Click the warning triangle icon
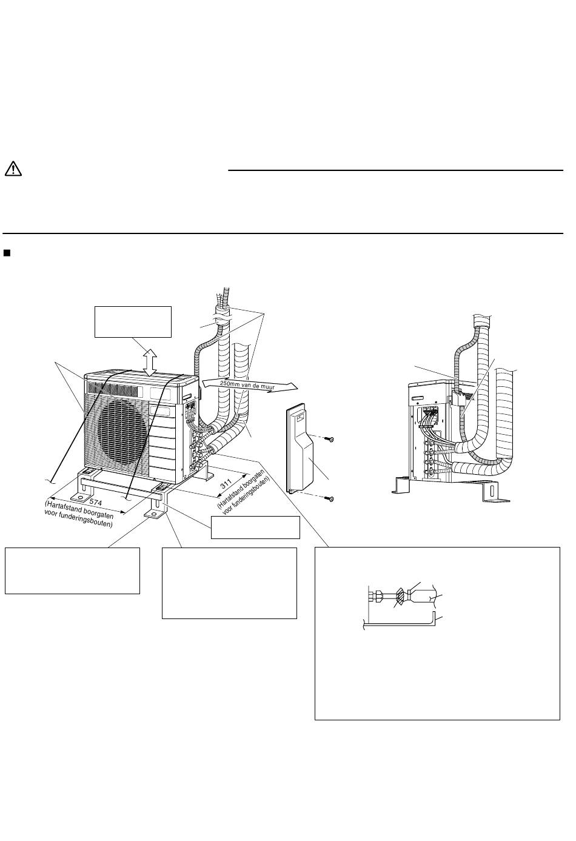[13, 169]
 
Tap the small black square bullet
[7, 253]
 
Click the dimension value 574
[96, 501]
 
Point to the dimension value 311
[226, 484]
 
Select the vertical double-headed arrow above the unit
[150, 363]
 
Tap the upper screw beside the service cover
[329, 439]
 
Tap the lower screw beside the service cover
[329, 498]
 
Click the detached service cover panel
[300, 448]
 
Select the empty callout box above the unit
[133, 322]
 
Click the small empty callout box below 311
[255, 528]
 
